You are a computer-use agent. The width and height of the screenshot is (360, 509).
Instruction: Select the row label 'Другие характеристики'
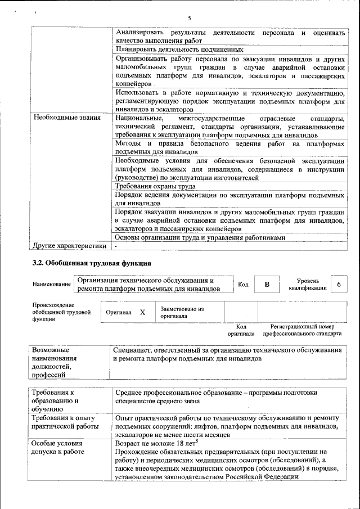(70, 246)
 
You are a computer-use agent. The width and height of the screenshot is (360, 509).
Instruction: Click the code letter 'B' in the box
(267, 285)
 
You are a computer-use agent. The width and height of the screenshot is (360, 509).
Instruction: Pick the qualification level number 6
(339, 285)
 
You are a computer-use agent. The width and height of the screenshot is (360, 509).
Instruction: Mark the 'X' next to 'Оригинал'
(142, 312)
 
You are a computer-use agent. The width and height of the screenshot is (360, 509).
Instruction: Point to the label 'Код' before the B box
(243, 285)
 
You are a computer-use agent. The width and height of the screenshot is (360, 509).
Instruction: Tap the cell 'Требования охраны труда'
(155, 186)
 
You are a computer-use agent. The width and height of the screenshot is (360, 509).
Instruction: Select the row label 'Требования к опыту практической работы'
(64, 422)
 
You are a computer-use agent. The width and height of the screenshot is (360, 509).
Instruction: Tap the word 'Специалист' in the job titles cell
(133, 350)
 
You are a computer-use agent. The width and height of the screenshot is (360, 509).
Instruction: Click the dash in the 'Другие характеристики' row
(116, 246)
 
